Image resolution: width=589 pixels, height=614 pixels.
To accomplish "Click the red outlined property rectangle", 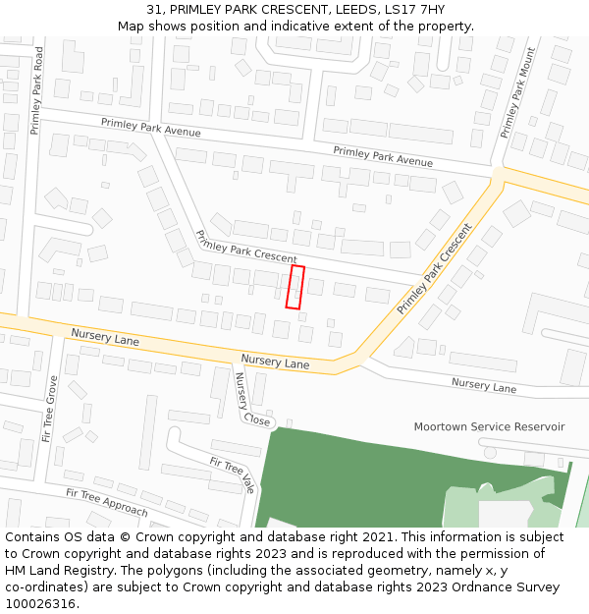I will (x=294, y=287).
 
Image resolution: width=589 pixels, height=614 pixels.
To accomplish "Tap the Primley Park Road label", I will (x=37, y=90).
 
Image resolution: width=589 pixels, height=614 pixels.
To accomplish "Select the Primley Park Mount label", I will (x=517, y=92).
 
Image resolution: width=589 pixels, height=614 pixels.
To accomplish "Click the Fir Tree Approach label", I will (x=106, y=502).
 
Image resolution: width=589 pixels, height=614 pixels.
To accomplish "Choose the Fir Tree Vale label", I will (x=233, y=474).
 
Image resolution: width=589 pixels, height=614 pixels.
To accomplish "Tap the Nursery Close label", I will (x=249, y=399).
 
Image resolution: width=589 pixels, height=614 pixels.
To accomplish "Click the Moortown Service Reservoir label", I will (x=489, y=426).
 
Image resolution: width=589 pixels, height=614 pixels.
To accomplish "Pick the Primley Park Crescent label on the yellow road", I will (x=435, y=268).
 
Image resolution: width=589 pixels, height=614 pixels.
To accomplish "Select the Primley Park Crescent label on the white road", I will (x=245, y=247).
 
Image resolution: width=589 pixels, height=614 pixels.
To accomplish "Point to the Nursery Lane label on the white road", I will (x=483, y=385).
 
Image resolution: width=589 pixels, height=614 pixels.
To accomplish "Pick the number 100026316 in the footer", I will (x=41, y=603).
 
